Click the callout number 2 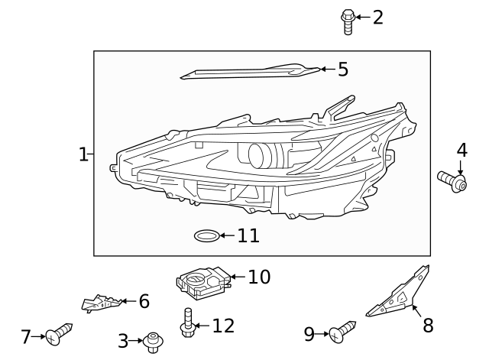click(377, 17)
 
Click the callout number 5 click(342, 70)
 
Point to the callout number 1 click(83, 154)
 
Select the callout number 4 click(461, 150)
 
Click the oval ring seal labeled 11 click(207, 235)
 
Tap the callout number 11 click(248, 235)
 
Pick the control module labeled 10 click(202, 282)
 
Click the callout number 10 click(259, 277)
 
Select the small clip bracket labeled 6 click(100, 303)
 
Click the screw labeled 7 click(58, 334)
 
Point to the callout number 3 click(122, 342)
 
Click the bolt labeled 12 click(186, 322)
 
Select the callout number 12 click(222, 326)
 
